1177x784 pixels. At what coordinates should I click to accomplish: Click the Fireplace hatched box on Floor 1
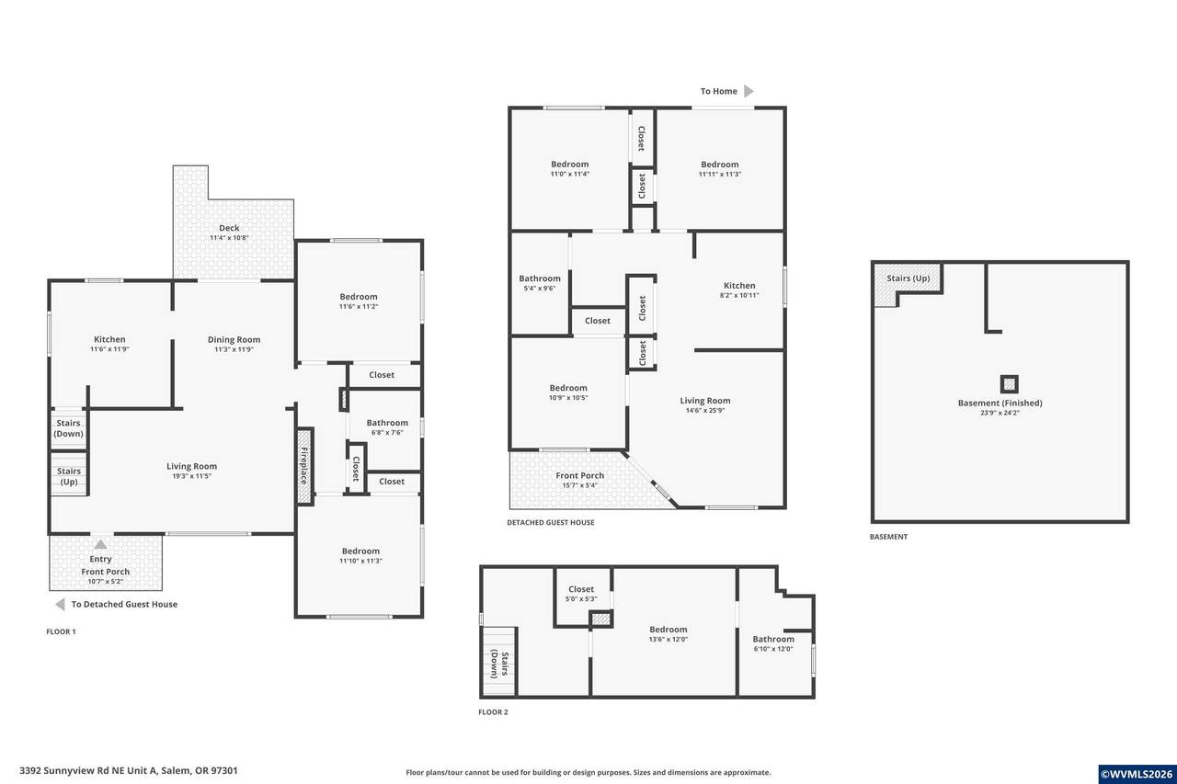point(304,465)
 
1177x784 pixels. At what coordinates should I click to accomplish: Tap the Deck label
point(229,228)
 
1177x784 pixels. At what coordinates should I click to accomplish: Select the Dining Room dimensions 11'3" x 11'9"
point(234,349)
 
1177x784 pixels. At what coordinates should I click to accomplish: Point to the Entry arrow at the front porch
point(100,544)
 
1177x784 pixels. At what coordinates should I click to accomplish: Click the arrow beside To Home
point(748,91)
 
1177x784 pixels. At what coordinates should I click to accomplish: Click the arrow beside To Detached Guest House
point(61,605)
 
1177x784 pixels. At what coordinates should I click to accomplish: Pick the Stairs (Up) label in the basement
point(908,278)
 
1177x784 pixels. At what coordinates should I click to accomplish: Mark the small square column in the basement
point(1009,384)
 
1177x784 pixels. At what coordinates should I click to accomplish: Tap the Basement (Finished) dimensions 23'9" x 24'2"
point(1000,413)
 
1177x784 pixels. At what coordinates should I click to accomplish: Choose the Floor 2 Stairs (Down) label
point(499,665)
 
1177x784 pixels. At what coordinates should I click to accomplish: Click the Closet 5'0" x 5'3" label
point(581,594)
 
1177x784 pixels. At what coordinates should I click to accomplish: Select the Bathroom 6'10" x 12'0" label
point(773,643)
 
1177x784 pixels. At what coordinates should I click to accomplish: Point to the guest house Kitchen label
point(739,286)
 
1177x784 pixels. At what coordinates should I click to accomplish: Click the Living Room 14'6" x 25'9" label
point(705,404)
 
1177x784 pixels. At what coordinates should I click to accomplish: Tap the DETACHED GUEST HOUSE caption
point(551,522)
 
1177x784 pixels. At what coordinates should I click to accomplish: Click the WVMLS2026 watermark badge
point(1137,774)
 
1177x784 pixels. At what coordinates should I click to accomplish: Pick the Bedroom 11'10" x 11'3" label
point(360,555)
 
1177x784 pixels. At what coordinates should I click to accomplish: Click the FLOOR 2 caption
point(493,712)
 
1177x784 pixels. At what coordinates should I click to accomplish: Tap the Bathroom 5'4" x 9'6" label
point(540,282)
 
